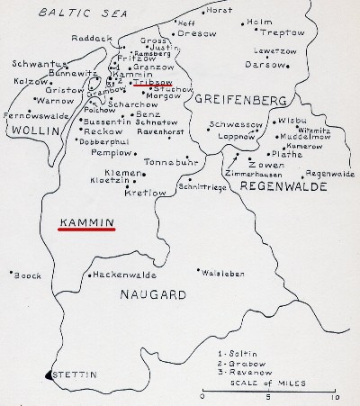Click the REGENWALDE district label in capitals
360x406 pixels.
275,184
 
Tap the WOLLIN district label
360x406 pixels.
30,131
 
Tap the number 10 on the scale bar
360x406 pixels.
335,397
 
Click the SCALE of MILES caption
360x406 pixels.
270,382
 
